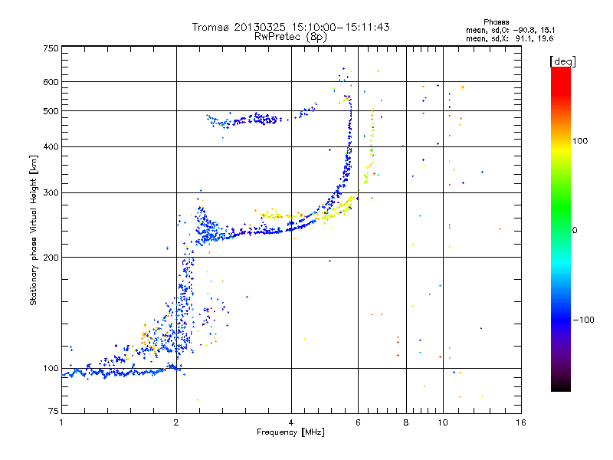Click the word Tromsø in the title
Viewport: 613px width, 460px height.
tap(211, 27)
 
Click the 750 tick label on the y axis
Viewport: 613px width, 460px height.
tap(51, 48)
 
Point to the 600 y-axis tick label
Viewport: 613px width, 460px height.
tap(51, 82)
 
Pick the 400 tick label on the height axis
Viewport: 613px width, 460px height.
tap(51, 147)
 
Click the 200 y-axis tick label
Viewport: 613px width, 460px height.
tap(51, 258)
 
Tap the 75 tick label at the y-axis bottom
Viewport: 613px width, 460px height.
tap(54, 411)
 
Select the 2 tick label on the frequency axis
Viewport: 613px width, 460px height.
tap(176, 422)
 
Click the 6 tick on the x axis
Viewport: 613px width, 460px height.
tap(358, 422)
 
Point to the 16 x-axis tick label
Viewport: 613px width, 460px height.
tap(521, 422)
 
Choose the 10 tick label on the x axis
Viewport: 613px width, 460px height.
tap(443, 422)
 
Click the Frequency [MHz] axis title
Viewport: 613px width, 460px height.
tap(290, 432)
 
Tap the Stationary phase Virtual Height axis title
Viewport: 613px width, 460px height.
tap(34, 231)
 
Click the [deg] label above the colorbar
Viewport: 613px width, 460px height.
tap(562, 62)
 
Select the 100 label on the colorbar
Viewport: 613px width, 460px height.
tap(580, 141)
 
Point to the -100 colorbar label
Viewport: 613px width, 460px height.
tap(584, 320)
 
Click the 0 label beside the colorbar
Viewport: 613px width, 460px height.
tap(575, 231)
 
